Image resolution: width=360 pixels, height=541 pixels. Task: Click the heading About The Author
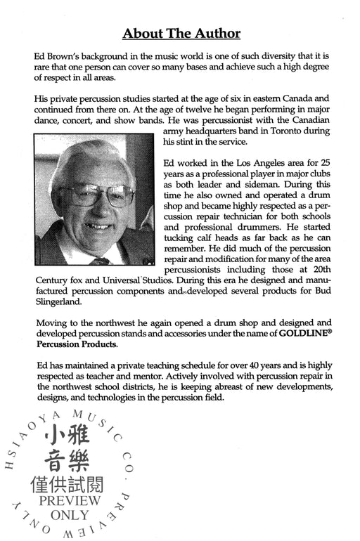coord(181,33)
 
